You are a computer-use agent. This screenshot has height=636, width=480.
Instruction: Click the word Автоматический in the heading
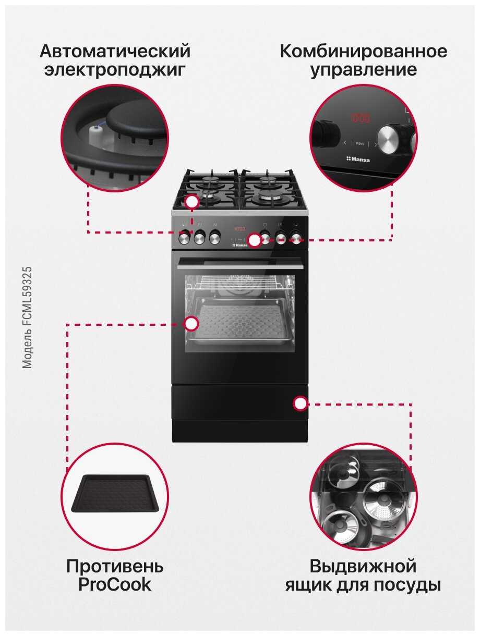tap(115, 52)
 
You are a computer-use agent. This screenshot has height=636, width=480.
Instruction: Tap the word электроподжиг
tap(115, 70)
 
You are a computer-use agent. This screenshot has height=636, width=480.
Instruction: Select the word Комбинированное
tap(364, 52)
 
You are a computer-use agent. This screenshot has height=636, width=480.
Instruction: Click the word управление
tap(364, 70)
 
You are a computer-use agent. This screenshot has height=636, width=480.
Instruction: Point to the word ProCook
tap(115, 584)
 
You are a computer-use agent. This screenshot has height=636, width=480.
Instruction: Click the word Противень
tap(115, 566)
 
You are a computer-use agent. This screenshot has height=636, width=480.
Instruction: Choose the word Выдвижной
tap(363, 566)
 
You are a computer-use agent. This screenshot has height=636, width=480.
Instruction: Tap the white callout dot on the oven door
tap(191, 324)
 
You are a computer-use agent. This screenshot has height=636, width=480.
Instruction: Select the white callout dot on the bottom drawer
tap(300, 403)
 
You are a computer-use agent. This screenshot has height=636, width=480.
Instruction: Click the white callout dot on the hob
tap(193, 202)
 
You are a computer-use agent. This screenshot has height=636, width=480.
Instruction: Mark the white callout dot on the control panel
tap(255, 240)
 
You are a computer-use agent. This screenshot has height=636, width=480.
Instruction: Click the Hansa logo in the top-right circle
tap(358, 159)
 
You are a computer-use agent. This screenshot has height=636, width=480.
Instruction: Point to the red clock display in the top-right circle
tap(359, 118)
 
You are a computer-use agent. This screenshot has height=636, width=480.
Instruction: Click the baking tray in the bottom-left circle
tap(114, 494)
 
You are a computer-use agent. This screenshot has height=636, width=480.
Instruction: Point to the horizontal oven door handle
tap(240, 266)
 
